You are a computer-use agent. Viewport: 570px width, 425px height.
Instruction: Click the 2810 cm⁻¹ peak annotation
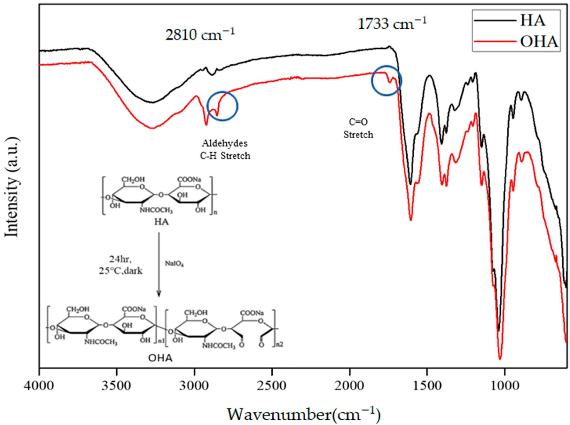click(200, 35)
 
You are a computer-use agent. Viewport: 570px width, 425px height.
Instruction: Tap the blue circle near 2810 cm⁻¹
click(223, 106)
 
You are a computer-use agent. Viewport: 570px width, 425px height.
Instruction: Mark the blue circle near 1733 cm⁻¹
click(386, 80)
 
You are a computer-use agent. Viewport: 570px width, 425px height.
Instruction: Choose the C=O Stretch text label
click(358, 128)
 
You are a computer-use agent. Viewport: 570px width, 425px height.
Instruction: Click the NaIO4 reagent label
click(174, 264)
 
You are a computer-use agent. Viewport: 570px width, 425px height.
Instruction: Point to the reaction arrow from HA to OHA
click(159, 265)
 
